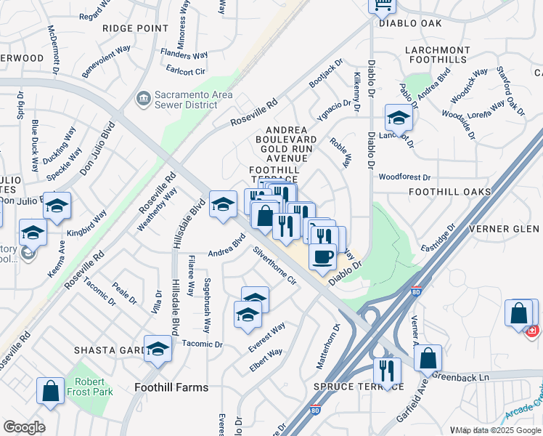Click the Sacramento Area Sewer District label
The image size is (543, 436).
point(187,100)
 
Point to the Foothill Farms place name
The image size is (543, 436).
point(171,387)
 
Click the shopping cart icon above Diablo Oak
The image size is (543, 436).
point(382,6)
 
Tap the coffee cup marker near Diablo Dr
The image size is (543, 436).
point(322,256)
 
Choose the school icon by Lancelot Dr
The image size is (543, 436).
point(398,117)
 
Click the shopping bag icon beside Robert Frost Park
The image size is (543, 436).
point(51,390)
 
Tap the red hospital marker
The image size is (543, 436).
point(532,331)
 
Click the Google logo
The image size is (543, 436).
point(24,427)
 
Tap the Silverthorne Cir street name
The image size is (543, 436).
point(276,266)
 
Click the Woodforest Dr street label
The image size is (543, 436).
point(404,177)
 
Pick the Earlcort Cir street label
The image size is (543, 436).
point(187,71)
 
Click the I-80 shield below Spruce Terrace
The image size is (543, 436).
point(315,411)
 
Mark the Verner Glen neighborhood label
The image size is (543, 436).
point(513,229)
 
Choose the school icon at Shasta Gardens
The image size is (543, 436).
point(158,349)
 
